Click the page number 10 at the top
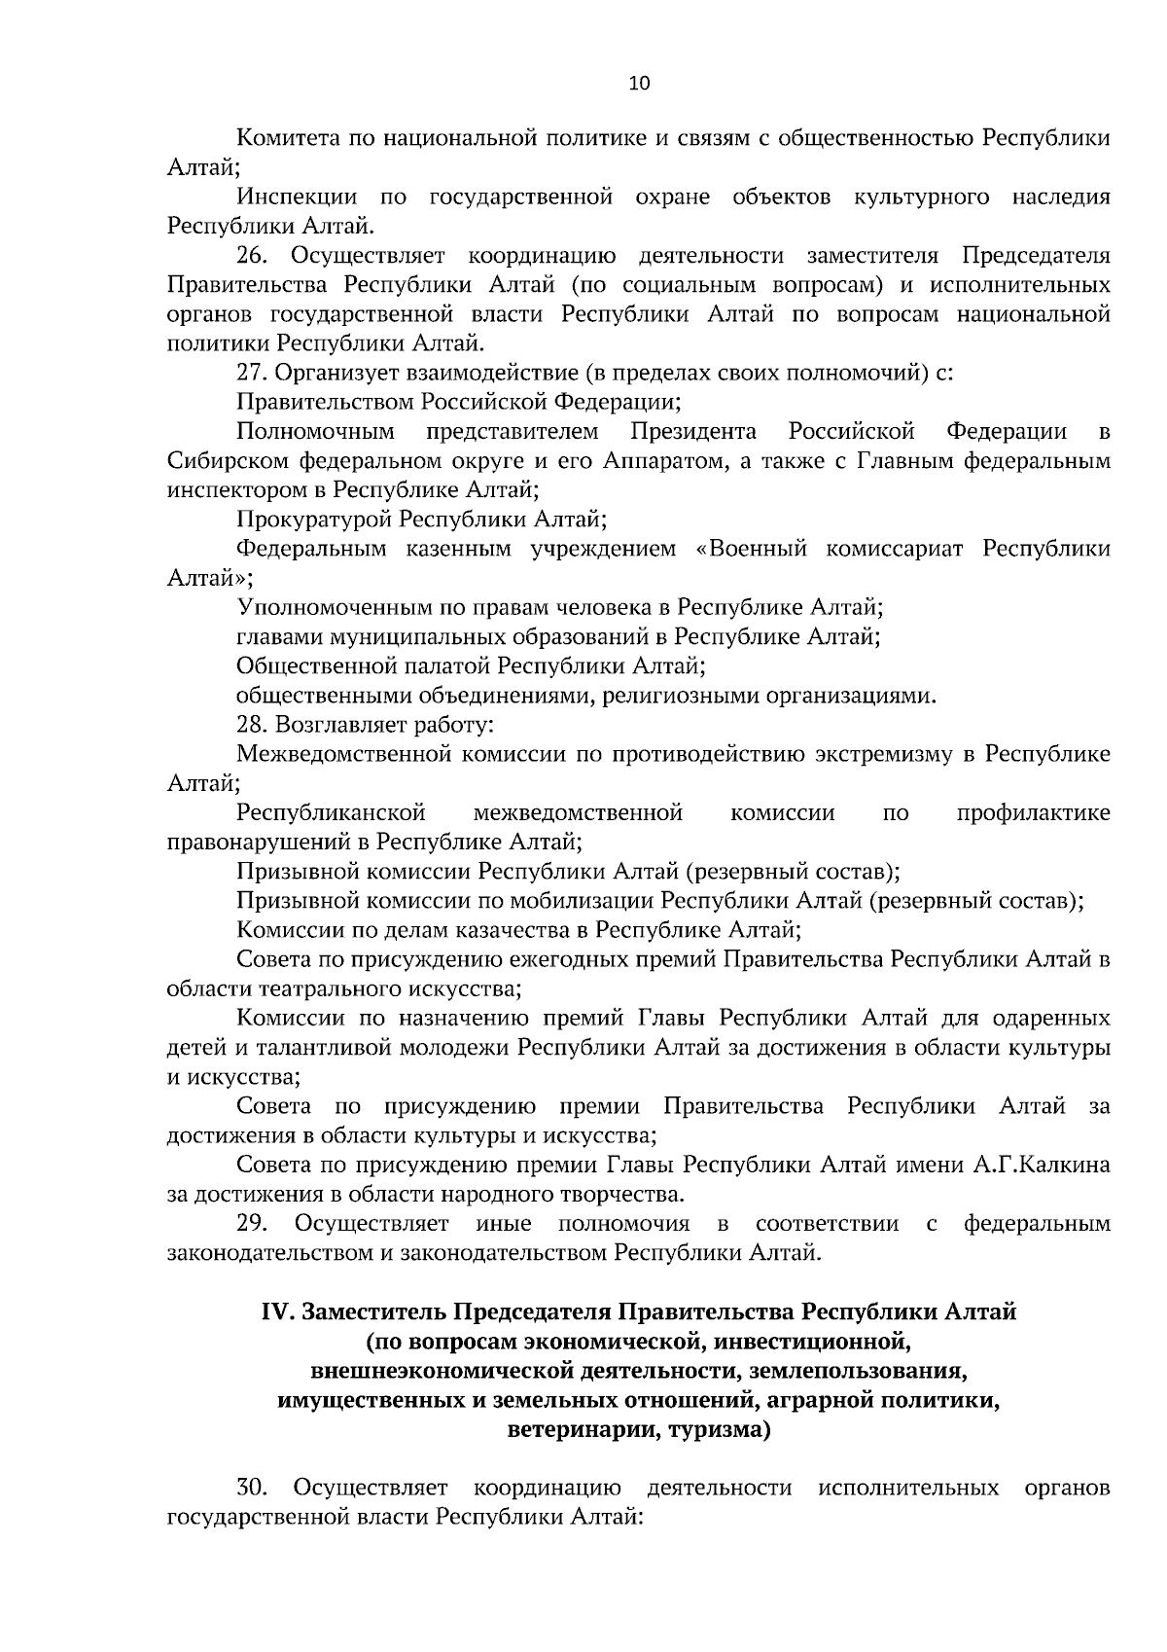click(x=639, y=83)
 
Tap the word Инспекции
click(x=296, y=198)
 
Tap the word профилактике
click(x=1032, y=812)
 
